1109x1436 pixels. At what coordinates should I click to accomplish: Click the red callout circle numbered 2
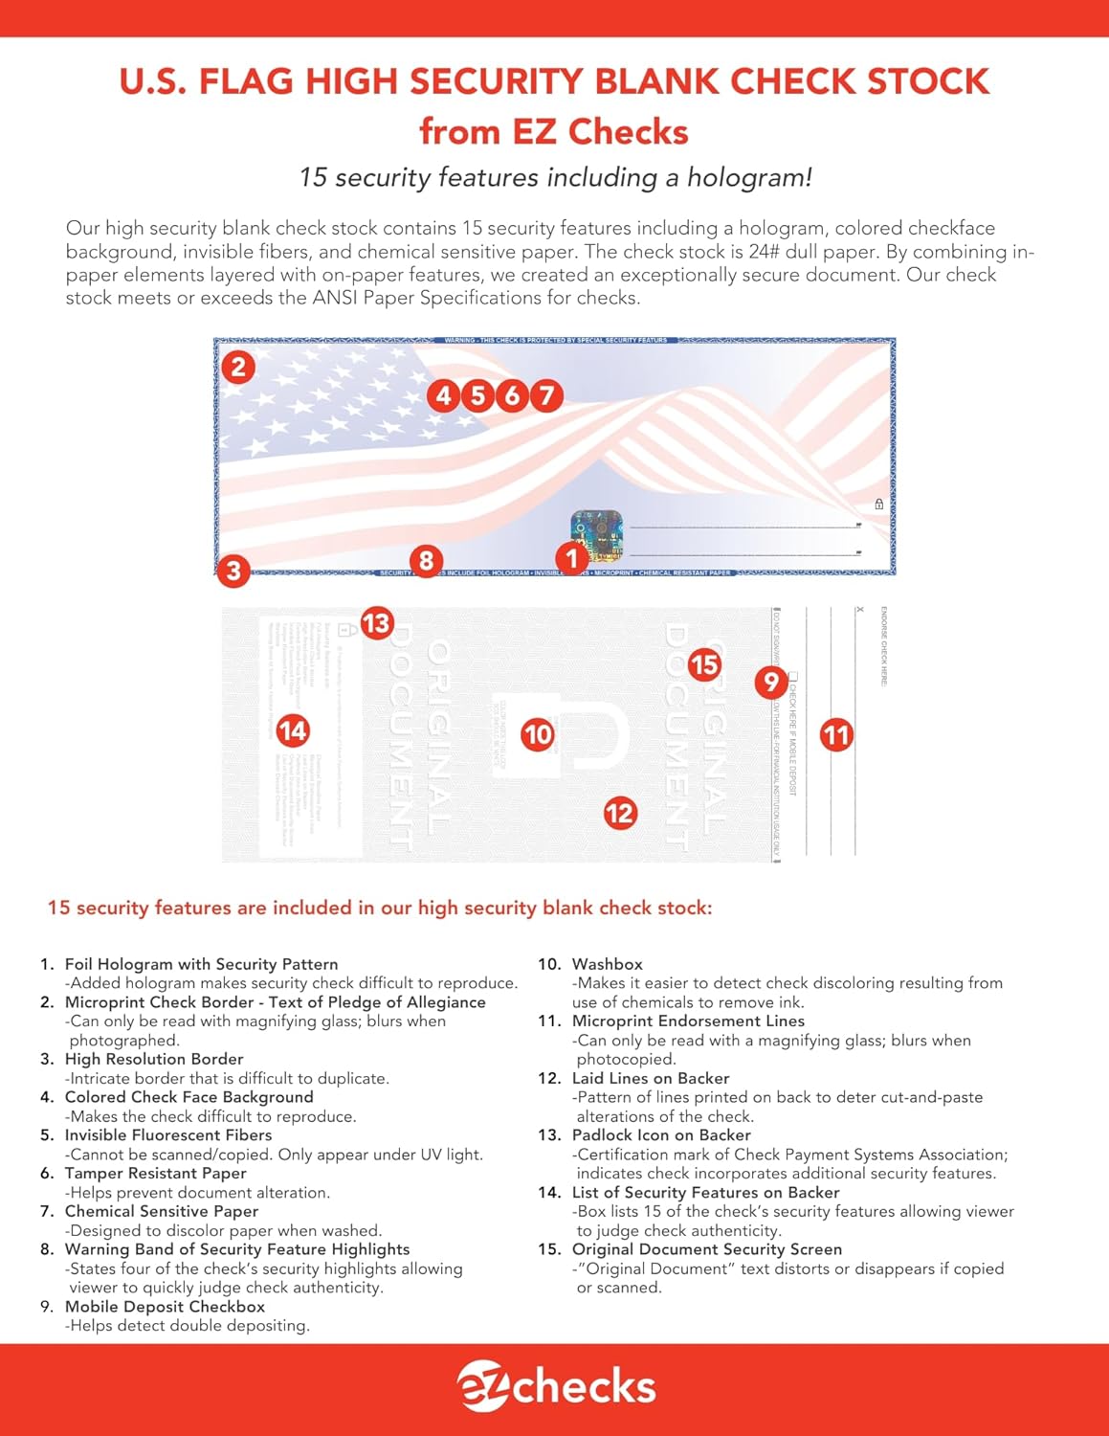pyautogui.click(x=238, y=367)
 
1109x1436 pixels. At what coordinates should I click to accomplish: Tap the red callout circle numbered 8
pyautogui.click(x=427, y=561)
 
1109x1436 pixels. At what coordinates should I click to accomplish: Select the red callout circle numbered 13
pyautogui.click(x=377, y=623)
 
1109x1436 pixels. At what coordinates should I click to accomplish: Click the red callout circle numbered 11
pyautogui.click(x=836, y=735)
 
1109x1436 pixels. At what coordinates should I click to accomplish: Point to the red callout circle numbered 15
pyautogui.click(x=704, y=664)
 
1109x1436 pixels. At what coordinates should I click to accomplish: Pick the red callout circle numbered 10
pyautogui.click(x=538, y=734)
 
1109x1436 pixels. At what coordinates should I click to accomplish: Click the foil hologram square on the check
pyautogui.click(x=596, y=535)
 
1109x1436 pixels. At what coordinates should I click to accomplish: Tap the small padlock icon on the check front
pyautogui.click(x=878, y=504)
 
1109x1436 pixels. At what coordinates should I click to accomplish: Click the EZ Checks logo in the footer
pyautogui.click(x=555, y=1387)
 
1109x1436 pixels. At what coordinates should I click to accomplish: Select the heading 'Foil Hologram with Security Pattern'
pyautogui.click(x=201, y=964)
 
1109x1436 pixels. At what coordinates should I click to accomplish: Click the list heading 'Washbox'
pyautogui.click(x=607, y=964)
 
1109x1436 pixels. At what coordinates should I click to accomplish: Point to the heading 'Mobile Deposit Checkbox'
pyautogui.click(x=165, y=1307)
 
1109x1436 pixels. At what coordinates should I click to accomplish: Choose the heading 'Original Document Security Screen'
pyautogui.click(x=706, y=1249)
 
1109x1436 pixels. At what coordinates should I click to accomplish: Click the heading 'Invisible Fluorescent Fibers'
pyautogui.click(x=167, y=1135)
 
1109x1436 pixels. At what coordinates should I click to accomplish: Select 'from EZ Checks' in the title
pyautogui.click(x=553, y=131)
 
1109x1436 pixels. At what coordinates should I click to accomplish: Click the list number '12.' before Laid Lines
pyautogui.click(x=549, y=1078)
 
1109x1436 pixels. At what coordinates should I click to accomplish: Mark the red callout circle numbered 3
pyautogui.click(x=233, y=572)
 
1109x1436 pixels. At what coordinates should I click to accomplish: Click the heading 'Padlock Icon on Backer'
pyautogui.click(x=660, y=1135)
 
